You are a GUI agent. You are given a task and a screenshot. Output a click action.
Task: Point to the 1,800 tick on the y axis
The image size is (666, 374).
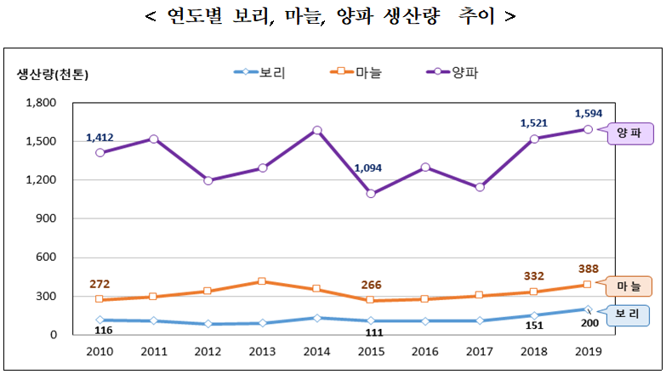point(43,103)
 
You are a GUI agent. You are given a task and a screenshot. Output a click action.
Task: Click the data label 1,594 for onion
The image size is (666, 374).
point(589,113)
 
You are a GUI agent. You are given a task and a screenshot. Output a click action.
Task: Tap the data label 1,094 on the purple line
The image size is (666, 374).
point(371,168)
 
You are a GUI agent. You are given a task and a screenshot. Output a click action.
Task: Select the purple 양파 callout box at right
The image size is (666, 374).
point(629,133)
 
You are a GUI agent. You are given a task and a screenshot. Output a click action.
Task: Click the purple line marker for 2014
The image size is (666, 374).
point(316,131)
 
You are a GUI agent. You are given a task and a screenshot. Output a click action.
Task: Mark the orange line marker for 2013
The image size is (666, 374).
point(262,281)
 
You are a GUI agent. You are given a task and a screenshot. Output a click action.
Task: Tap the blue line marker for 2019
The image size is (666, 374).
point(588,309)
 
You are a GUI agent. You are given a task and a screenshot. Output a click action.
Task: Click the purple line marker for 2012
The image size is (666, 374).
point(208,180)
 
